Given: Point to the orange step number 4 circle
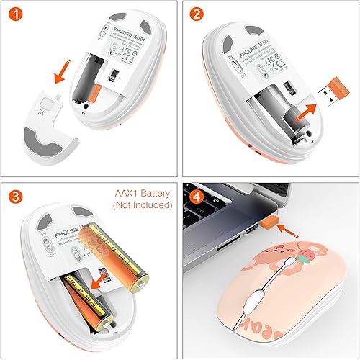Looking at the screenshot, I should [x=195, y=194].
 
